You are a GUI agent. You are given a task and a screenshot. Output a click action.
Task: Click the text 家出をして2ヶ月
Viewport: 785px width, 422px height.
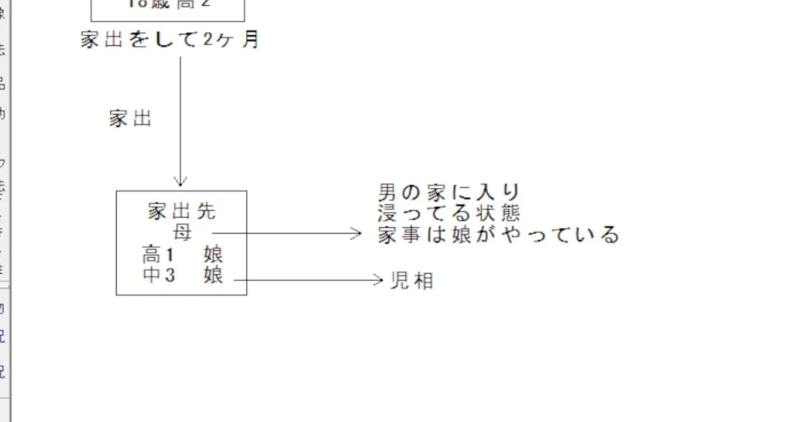pos(170,40)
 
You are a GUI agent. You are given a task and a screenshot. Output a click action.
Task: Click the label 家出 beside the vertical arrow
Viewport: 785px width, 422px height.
pos(130,118)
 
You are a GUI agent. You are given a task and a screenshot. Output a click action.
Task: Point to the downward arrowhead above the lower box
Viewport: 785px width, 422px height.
pos(181,182)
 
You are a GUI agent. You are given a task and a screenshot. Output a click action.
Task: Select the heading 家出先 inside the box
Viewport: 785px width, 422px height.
pos(182,211)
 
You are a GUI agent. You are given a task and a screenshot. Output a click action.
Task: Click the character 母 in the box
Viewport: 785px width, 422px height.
pos(182,233)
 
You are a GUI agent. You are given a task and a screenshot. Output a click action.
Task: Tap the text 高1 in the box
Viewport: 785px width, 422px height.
pos(158,256)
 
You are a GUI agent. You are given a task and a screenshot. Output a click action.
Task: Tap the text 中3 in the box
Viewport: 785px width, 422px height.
pos(159,275)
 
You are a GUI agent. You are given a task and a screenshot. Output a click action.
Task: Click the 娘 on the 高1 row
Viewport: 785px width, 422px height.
pos(213,256)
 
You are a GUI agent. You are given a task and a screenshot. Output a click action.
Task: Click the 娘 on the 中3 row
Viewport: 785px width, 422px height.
pos(213,275)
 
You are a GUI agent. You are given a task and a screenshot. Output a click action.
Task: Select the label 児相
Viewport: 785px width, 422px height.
pos(412,281)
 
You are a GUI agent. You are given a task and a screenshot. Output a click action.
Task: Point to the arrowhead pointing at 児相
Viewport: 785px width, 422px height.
pos(379,280)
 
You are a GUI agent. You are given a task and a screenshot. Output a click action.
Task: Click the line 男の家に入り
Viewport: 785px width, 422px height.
pos(449,192)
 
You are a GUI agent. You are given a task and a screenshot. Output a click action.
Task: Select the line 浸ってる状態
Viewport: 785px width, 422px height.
pos(449,212)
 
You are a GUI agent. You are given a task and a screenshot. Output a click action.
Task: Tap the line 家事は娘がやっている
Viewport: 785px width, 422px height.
pos(498,234)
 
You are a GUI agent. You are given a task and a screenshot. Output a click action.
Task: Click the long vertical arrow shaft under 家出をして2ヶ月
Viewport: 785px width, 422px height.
pos(181,117)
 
